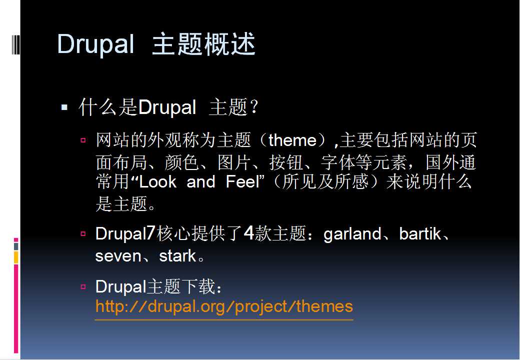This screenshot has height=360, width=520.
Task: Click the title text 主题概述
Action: pyautogui.click(x=203, y=44)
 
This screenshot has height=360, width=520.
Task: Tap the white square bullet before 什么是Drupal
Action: pyautogui.click(x=64, y=107)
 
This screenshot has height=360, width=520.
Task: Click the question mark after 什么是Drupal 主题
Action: pyautogui.click(x=254, y=106)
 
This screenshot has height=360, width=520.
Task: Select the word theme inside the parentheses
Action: pyautogui.click(x=292, y=140)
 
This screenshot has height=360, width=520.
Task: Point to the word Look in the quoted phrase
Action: pyautogui.click(x=158, y=182)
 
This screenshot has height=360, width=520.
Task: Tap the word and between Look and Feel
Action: pyautogui.click(x=201, y=182)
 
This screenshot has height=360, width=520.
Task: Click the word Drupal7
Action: pyautogui.click(x=125, y=233)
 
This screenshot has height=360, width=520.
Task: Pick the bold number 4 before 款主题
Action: pyautogui.click(x=249, y=233)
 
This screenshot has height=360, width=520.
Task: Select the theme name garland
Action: pyautogui.click(x=352, y=234)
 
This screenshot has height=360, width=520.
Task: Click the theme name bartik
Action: pyautogui.click(x=420, y=233)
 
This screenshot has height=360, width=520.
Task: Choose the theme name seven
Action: pyautogui.click(x=118, y=256)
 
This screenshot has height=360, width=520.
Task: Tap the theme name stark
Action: pyautogui.click(x=178, y=256)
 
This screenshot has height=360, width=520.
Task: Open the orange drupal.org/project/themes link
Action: pyautogui.click(x=224, y=306)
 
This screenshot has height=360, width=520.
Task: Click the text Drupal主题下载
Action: pyautogui.click(x=158, y=286)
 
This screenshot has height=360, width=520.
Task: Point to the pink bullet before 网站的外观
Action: pyautogui.click(x=83, y=140)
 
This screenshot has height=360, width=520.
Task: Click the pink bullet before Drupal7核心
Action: pyautogui.click(x=83, y=233)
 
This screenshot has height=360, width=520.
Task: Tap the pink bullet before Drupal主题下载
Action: pyautogui.click(x=83, y=286)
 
